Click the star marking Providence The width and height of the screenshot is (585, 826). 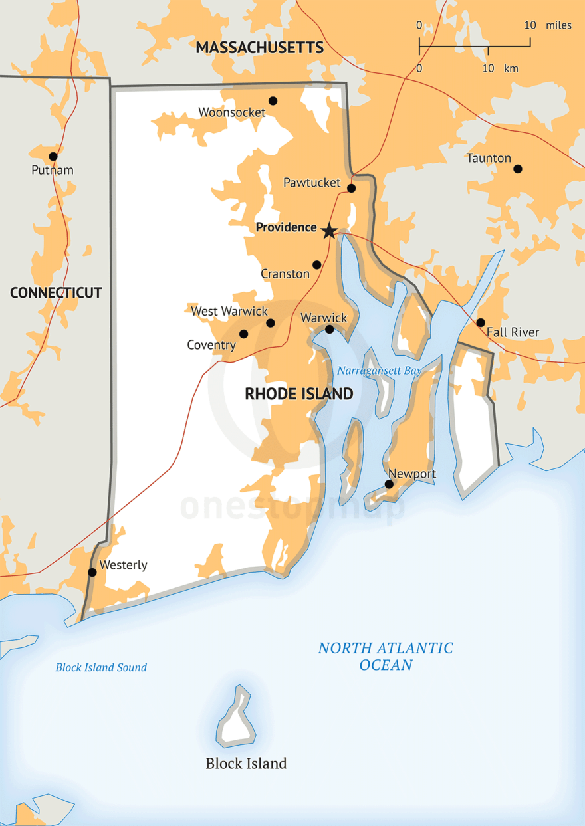[x=328, y=231]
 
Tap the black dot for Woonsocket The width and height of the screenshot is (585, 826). [x=273, y=101]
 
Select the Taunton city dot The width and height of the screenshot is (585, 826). [x=518, y=169]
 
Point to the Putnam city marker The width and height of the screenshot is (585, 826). [x=53, y=157]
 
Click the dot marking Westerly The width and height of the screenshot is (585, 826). [x=92, y=572]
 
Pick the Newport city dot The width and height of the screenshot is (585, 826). [x=389, y=484]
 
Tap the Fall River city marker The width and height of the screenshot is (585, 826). [x=481, y=322]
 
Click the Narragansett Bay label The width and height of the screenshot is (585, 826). [x=379, y=371]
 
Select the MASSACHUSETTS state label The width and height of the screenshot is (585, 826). [x=260, y=48]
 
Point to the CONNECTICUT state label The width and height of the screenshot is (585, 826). [x=56, y=293]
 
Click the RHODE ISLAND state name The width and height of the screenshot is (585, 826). [x=299, y=394]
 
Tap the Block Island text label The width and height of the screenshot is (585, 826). [x=246, y=764]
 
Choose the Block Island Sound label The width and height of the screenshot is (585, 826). [x=101, y=667]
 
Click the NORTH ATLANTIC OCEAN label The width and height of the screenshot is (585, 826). [x=386, y=656]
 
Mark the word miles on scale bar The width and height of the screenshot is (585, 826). [x=558, y=25]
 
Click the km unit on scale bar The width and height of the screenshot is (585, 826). [x=511, y=68]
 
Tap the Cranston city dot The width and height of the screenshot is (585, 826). [x=317, y=265]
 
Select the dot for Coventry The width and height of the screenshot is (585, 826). [x=244, y=334]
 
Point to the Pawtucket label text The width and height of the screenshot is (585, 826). [x=312, y=183]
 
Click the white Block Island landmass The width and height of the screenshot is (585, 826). [x=236, y=724]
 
